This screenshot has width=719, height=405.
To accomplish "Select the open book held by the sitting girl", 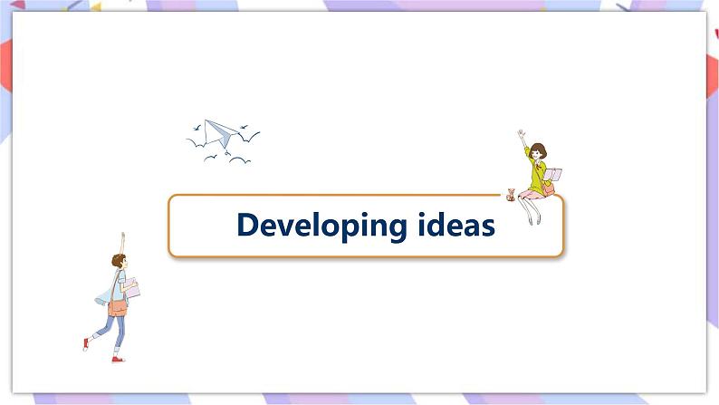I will click(x=553, y=174).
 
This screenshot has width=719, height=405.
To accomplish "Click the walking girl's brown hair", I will click(x=118, y=261).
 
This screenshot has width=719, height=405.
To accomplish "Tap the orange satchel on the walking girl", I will click(x=117, y=307).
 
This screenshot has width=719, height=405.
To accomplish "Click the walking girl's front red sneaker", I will click(x=118, y=359).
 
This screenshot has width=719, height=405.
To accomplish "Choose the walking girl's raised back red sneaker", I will click(x=86, y=344).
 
